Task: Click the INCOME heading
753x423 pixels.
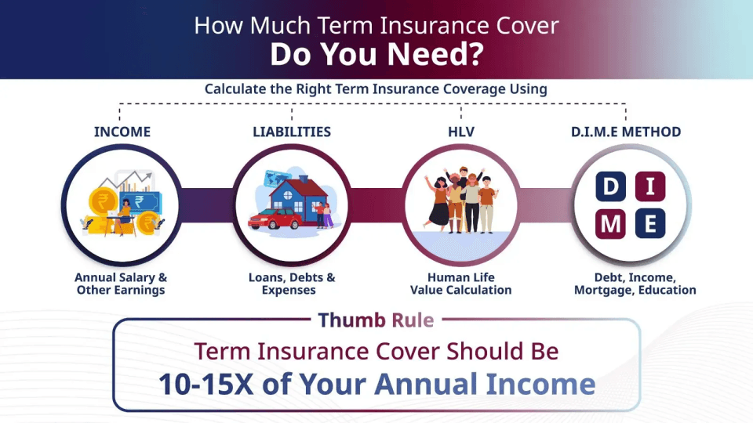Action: click(122, 132)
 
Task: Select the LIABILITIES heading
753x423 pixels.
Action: click(292, 132)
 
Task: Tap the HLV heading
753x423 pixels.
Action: click(461, 132)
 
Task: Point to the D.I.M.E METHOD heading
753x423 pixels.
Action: click(626, 132)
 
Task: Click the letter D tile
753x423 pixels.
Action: click(611, 186)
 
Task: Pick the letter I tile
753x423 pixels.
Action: click(650, 186)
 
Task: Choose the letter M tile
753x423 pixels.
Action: click(611, 223)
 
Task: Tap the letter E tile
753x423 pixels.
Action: click(650, 223)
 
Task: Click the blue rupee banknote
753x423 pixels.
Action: click(140, 202)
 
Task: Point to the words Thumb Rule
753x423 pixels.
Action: click(376, 320)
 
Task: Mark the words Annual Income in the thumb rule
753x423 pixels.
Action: click(485, 384)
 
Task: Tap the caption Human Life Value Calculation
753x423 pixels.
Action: click(461, 284)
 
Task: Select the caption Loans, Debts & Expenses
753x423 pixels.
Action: click(292, 284)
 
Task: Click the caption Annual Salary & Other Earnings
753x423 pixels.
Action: click(121, 284)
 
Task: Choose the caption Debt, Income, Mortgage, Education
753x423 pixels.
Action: click(635, 284)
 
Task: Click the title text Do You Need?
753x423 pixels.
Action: click(376, 54)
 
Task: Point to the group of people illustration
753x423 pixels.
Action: click(461, 200)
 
